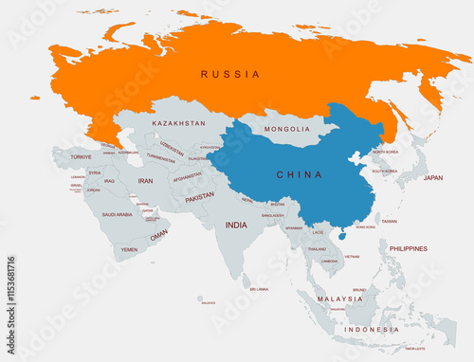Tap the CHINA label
(299, 174)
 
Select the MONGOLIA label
(287, 129)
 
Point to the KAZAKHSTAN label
(178, 123)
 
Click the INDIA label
(236, 225)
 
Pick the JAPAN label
(432, 177)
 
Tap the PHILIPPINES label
(408, 248)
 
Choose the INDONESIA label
(372, 329)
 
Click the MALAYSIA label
(339, 299)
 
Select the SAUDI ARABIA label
(118, 214)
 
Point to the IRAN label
(145, 180)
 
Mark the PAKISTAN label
(199, 197)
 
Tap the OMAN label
(159, 234)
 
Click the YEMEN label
(129, 249)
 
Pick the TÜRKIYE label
(81, 156)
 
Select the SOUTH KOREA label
(384, 172)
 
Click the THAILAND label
(317, 248)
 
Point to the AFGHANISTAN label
(187, 175)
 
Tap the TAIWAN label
(389, 221)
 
